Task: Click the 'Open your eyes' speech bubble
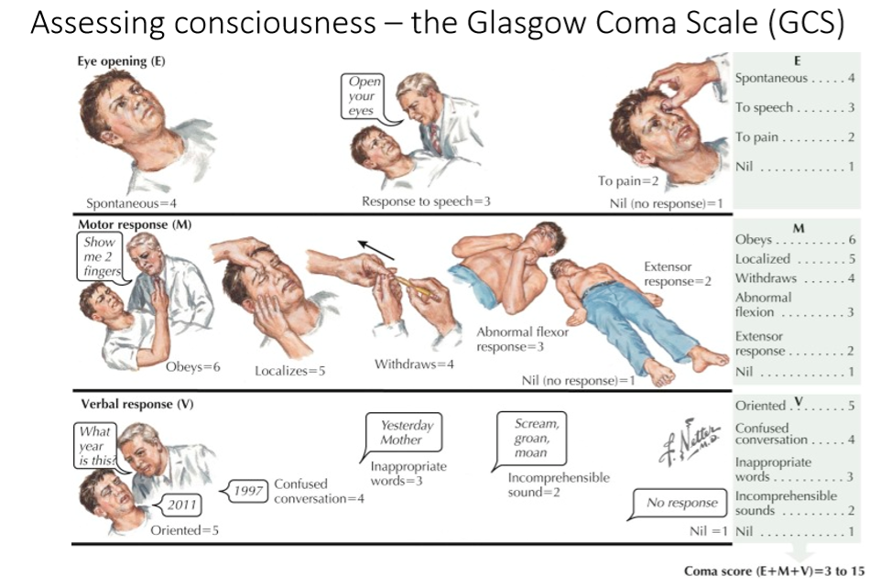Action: (x=363, y=96)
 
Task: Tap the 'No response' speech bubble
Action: (x=682, y=503)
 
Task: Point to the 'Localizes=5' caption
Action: (x=290, y=371)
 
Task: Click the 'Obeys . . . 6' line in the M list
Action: (x=794, y=240)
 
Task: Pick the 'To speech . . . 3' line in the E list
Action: (x=794, y=107)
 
